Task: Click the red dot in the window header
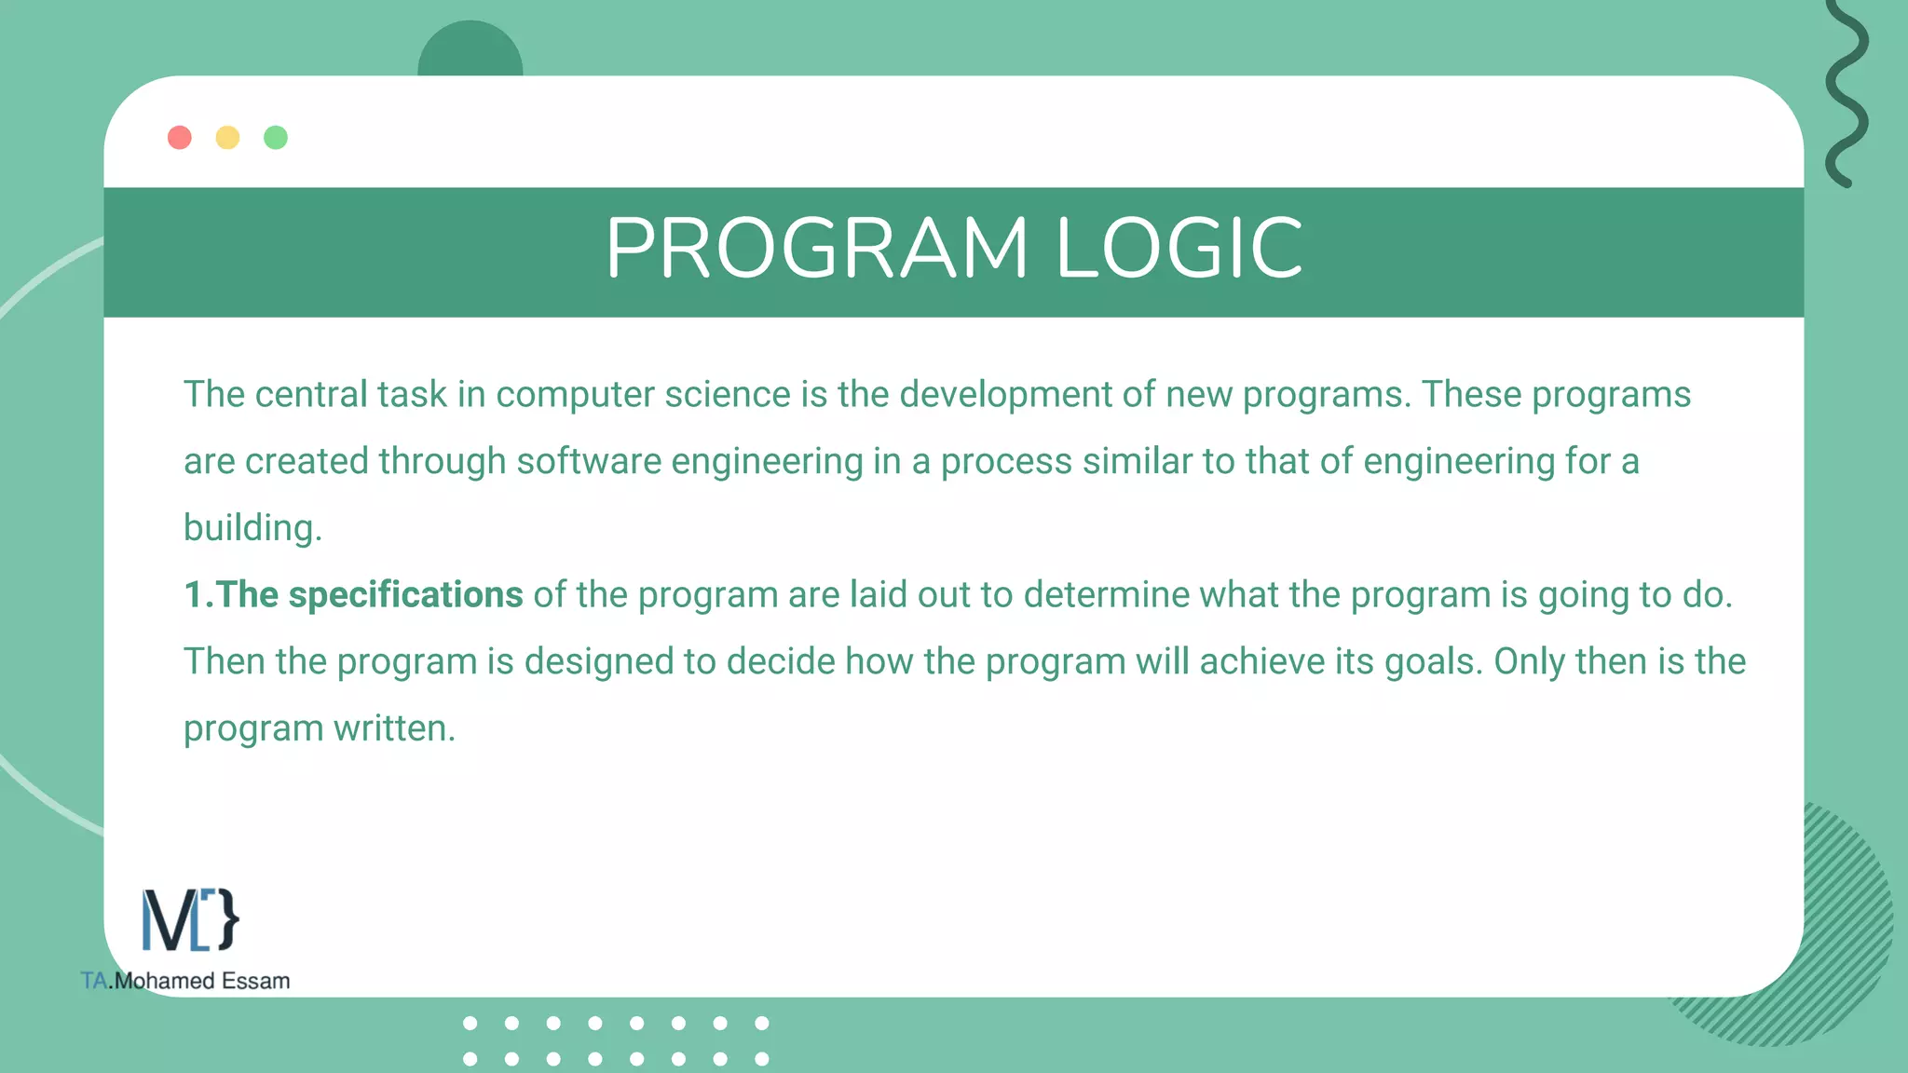180,138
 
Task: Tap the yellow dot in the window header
227,138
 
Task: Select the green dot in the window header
276,138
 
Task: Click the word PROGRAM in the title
816,249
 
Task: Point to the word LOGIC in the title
1179,249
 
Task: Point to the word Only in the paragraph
1529,662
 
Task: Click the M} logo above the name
190,920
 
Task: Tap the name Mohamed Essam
201,981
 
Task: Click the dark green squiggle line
1847,93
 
